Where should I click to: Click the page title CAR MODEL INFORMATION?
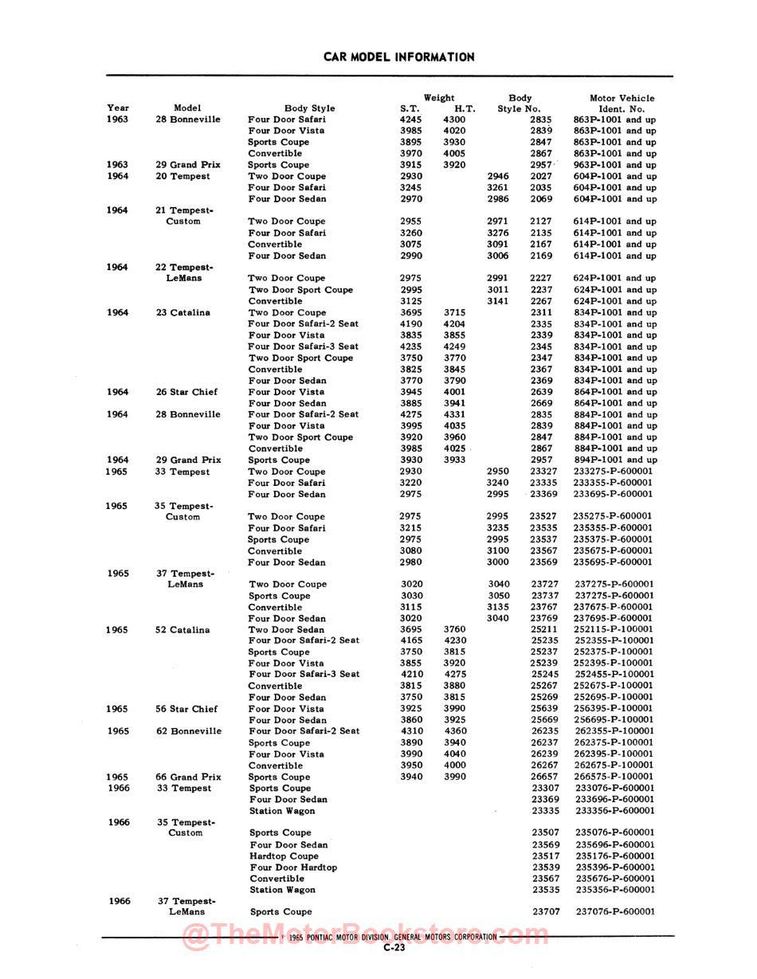tap(398, 57)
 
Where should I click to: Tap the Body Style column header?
tap(309, 108)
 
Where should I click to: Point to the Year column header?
tap(118, 108)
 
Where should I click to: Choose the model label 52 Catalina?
tap(182, 630)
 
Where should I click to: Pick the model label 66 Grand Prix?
tap(188, 777)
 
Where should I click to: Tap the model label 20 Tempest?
tap(183, 176)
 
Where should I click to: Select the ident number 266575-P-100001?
tap(613, 777)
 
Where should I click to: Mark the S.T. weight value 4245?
tap(410, 119)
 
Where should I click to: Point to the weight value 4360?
tap(455, 731)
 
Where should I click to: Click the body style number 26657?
tap(545, 777)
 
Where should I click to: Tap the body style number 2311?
tap(541, 313)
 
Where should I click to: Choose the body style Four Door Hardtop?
tap(293, 867)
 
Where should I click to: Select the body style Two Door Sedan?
tap(286, 630)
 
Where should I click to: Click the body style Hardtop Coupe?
tap(284, 856)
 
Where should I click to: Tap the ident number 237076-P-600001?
tap(614, 912)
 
